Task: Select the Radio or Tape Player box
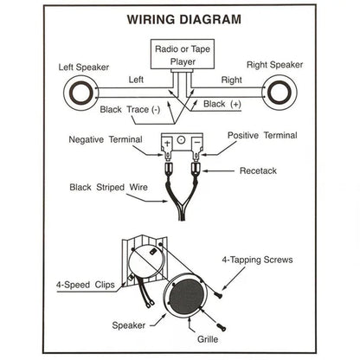click(180, 54)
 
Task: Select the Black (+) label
click(222, 104)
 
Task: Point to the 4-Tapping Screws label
click(269, 260)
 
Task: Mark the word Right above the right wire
click(229, 79)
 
